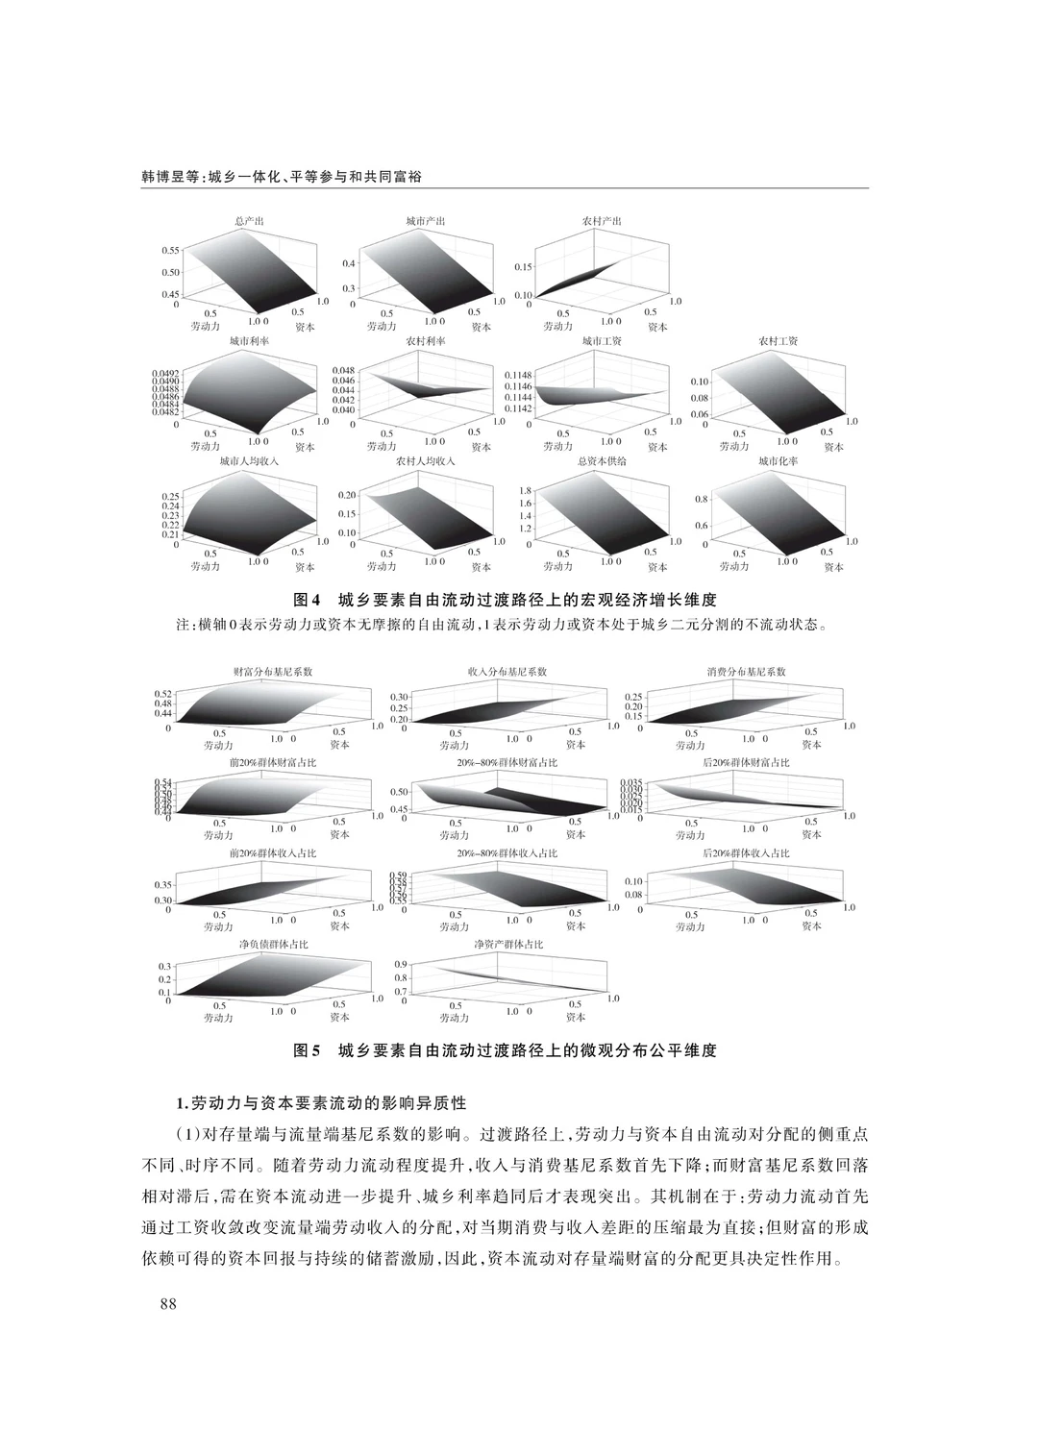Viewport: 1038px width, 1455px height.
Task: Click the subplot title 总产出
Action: click(250, 222)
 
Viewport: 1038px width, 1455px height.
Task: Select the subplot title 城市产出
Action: click(426, 222)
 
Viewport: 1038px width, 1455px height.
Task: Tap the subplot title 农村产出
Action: click(603, 222)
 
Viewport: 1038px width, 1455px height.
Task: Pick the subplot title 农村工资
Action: click(778, 341)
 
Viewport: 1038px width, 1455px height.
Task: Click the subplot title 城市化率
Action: click(778, 461)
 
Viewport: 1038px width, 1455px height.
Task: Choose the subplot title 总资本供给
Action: click(603, 461)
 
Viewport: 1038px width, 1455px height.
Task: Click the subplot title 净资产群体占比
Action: click(508, 945)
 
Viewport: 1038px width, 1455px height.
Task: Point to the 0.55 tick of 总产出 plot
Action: click(171, 250)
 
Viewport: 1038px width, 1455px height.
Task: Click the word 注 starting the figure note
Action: click(183, 625)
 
